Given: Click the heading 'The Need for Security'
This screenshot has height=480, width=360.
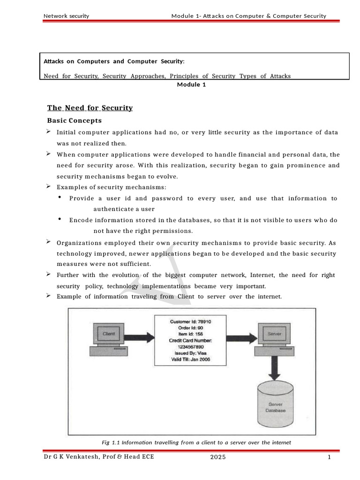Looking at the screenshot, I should tap(90, 108).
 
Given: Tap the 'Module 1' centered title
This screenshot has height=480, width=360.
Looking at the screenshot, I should tap(191, 85).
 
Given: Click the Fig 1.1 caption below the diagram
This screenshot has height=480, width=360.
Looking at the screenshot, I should tap(196, 442).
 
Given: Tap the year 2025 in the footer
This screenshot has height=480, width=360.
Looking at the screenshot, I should tap(218, 458).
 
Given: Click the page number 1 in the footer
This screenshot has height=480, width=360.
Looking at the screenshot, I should tap(330, 458).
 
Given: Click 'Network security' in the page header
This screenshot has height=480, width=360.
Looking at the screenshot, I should tap(66, 16).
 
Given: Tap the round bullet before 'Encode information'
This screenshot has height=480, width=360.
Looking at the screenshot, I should tap(60, 219).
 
